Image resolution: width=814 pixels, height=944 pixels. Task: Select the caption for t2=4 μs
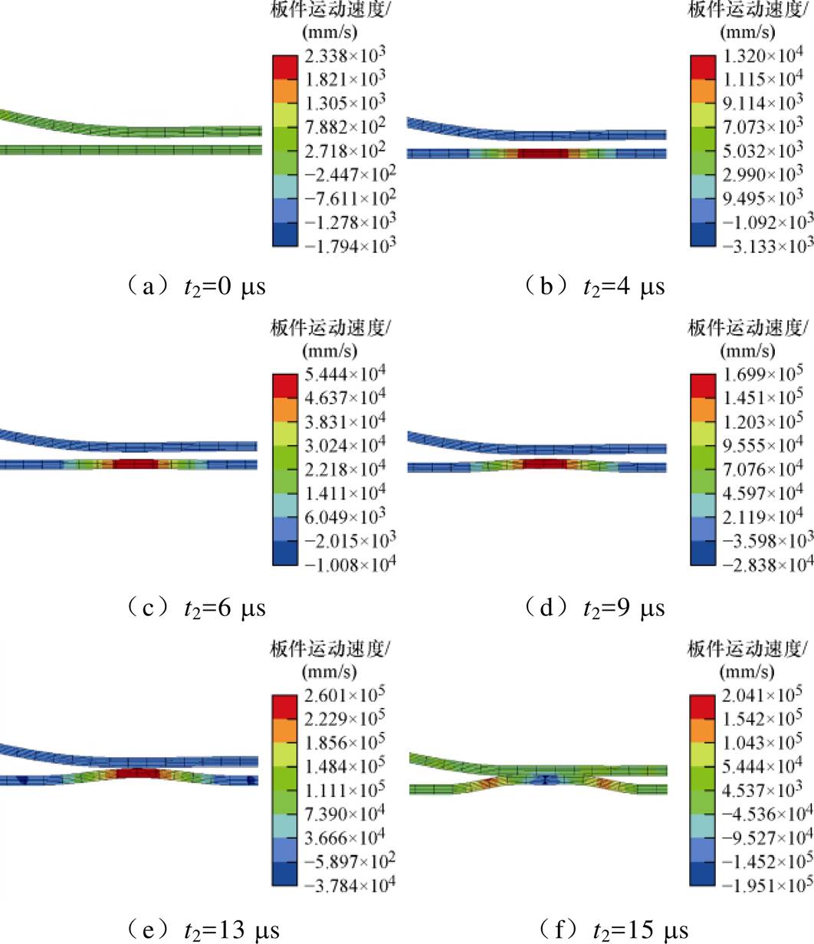(x=594, y=288)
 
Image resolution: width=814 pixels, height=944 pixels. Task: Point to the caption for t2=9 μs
(x=594, y=608)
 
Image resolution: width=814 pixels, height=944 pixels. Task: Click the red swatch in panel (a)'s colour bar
(x=282, y=67)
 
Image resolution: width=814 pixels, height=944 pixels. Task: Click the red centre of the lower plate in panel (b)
(x=543, y=153)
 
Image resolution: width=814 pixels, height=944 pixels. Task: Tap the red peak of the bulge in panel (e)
(x=138, y=773)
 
